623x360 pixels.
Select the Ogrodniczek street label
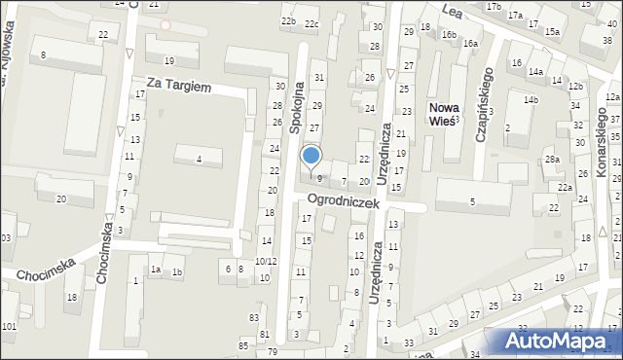[341, 199]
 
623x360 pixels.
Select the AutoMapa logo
[559, 342]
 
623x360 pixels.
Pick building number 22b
[288, 20]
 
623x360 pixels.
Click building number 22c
[311, 23]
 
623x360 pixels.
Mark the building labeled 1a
[155, 270]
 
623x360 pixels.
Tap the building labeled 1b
[176, 271]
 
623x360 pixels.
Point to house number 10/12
[266, 262]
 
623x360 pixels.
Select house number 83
[254, 318]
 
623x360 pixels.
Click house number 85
[243, 345]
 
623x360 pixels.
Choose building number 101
[9, 326]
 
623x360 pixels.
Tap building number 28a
[552, 159]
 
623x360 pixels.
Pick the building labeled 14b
[530, 100]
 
